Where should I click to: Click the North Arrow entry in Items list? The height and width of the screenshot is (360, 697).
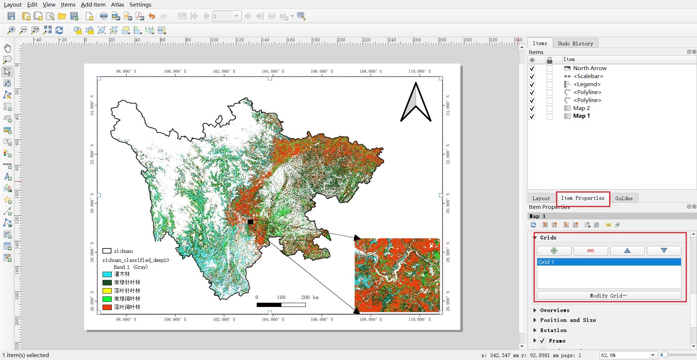pyautogui.click(x=590, y=68)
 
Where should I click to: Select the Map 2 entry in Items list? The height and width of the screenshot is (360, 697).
pyautogui.click(x=581, y=108)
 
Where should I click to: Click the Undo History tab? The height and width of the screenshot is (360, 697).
pyautogui.click(x=575, y=44)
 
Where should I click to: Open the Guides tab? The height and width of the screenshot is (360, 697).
pyautogui.click(x=624, y=198)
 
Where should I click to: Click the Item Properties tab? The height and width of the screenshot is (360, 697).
pyautogui.click(x=583, y=198)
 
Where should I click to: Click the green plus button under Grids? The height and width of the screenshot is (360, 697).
pyautogui.click(x=554, y=251)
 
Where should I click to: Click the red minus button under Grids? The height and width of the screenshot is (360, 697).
pyautogui.click(x=591, y=251)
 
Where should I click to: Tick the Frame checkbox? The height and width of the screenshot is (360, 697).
pyautogui.click(x=542, y=341)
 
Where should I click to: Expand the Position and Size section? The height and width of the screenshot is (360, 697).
pyautogui.click(x=568, y=320)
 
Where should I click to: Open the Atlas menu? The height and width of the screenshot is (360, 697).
pyautogui.click(x=117, y=5)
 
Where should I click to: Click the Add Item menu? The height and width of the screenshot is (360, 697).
pyautogui.click(x=93, y=5)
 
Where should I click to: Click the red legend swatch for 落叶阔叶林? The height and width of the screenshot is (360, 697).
pyautogui.click(x=107, y=307)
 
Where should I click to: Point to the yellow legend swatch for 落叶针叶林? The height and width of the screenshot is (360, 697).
pyautogui.click(x=107, y=291)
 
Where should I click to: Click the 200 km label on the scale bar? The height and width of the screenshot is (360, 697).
pyautogui.click(x=310, y=298)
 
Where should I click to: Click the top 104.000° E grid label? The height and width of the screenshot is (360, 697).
pyautogui.click(x=273, y=72)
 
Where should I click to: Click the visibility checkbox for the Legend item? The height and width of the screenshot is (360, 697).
pyautogui.click(x=532, y=84)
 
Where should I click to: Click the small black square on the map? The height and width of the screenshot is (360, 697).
pyautogui.click(x=250, y=222)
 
